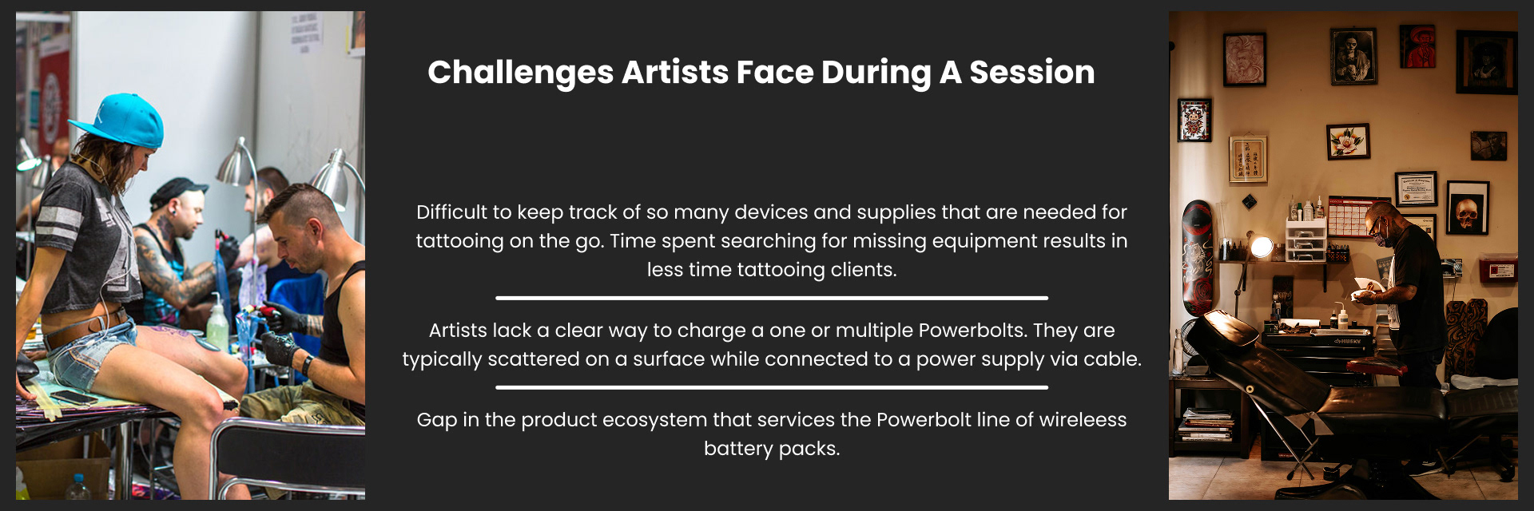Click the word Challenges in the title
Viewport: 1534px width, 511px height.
pos(521,73)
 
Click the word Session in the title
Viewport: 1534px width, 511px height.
pos(1032,73)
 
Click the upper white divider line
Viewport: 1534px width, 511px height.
pos(772,298)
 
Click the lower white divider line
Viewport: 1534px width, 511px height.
pos(772,387)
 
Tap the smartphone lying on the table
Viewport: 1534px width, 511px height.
pos(73,398)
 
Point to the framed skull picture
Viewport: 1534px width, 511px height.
pos(1468,208)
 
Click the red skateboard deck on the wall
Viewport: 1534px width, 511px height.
pos(1197,257)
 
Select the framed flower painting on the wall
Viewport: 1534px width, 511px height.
pos(1349,142)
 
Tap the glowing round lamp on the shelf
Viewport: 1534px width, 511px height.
pos(1261,248)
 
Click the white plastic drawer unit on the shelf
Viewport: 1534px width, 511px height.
pos(1305,240)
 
